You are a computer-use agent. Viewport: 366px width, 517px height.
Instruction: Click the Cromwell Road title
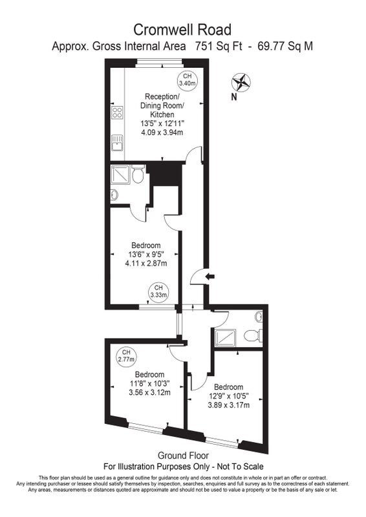[x=182, y=30]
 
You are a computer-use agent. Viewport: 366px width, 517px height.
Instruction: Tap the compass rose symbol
[x=241, y=83]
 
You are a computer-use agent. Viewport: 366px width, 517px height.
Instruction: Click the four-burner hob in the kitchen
[x=117, y=112]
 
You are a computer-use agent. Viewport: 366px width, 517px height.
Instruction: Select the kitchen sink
[x=117, y=142]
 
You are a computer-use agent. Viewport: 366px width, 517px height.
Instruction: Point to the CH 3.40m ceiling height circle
[x=187, y=79]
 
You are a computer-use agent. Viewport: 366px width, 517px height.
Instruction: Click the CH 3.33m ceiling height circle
[x=158, y=292]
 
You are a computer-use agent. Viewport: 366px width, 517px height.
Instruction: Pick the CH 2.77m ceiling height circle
[x=126, y=357]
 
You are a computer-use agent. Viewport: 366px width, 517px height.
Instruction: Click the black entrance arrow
[x=210, y=277]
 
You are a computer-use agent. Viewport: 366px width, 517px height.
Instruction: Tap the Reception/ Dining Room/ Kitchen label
[x=162, y=105]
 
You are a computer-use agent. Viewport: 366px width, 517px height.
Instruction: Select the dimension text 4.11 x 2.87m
[x=146, y=264]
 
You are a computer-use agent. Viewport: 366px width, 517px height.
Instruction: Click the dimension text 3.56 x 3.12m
[x=149, y=393]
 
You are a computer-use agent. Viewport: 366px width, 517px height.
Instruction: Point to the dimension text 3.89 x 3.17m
[x=229, y=405]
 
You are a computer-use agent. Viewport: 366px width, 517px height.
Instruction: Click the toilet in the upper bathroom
[x=138, y=174]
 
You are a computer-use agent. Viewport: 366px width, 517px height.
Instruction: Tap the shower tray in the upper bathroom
[x=120, y=174]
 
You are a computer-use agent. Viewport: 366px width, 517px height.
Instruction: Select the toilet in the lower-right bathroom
[x=253, y=336]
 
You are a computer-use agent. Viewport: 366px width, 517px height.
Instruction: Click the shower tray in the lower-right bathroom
[x=225, y=337]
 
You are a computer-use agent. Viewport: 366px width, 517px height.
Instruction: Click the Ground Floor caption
[x=183, y=456]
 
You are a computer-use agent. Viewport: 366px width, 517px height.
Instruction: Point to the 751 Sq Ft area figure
[x=219, y=46]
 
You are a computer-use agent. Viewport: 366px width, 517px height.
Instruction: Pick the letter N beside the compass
[x=234, y=97]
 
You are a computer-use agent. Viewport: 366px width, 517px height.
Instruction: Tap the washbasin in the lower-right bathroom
[x=259, y=317]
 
